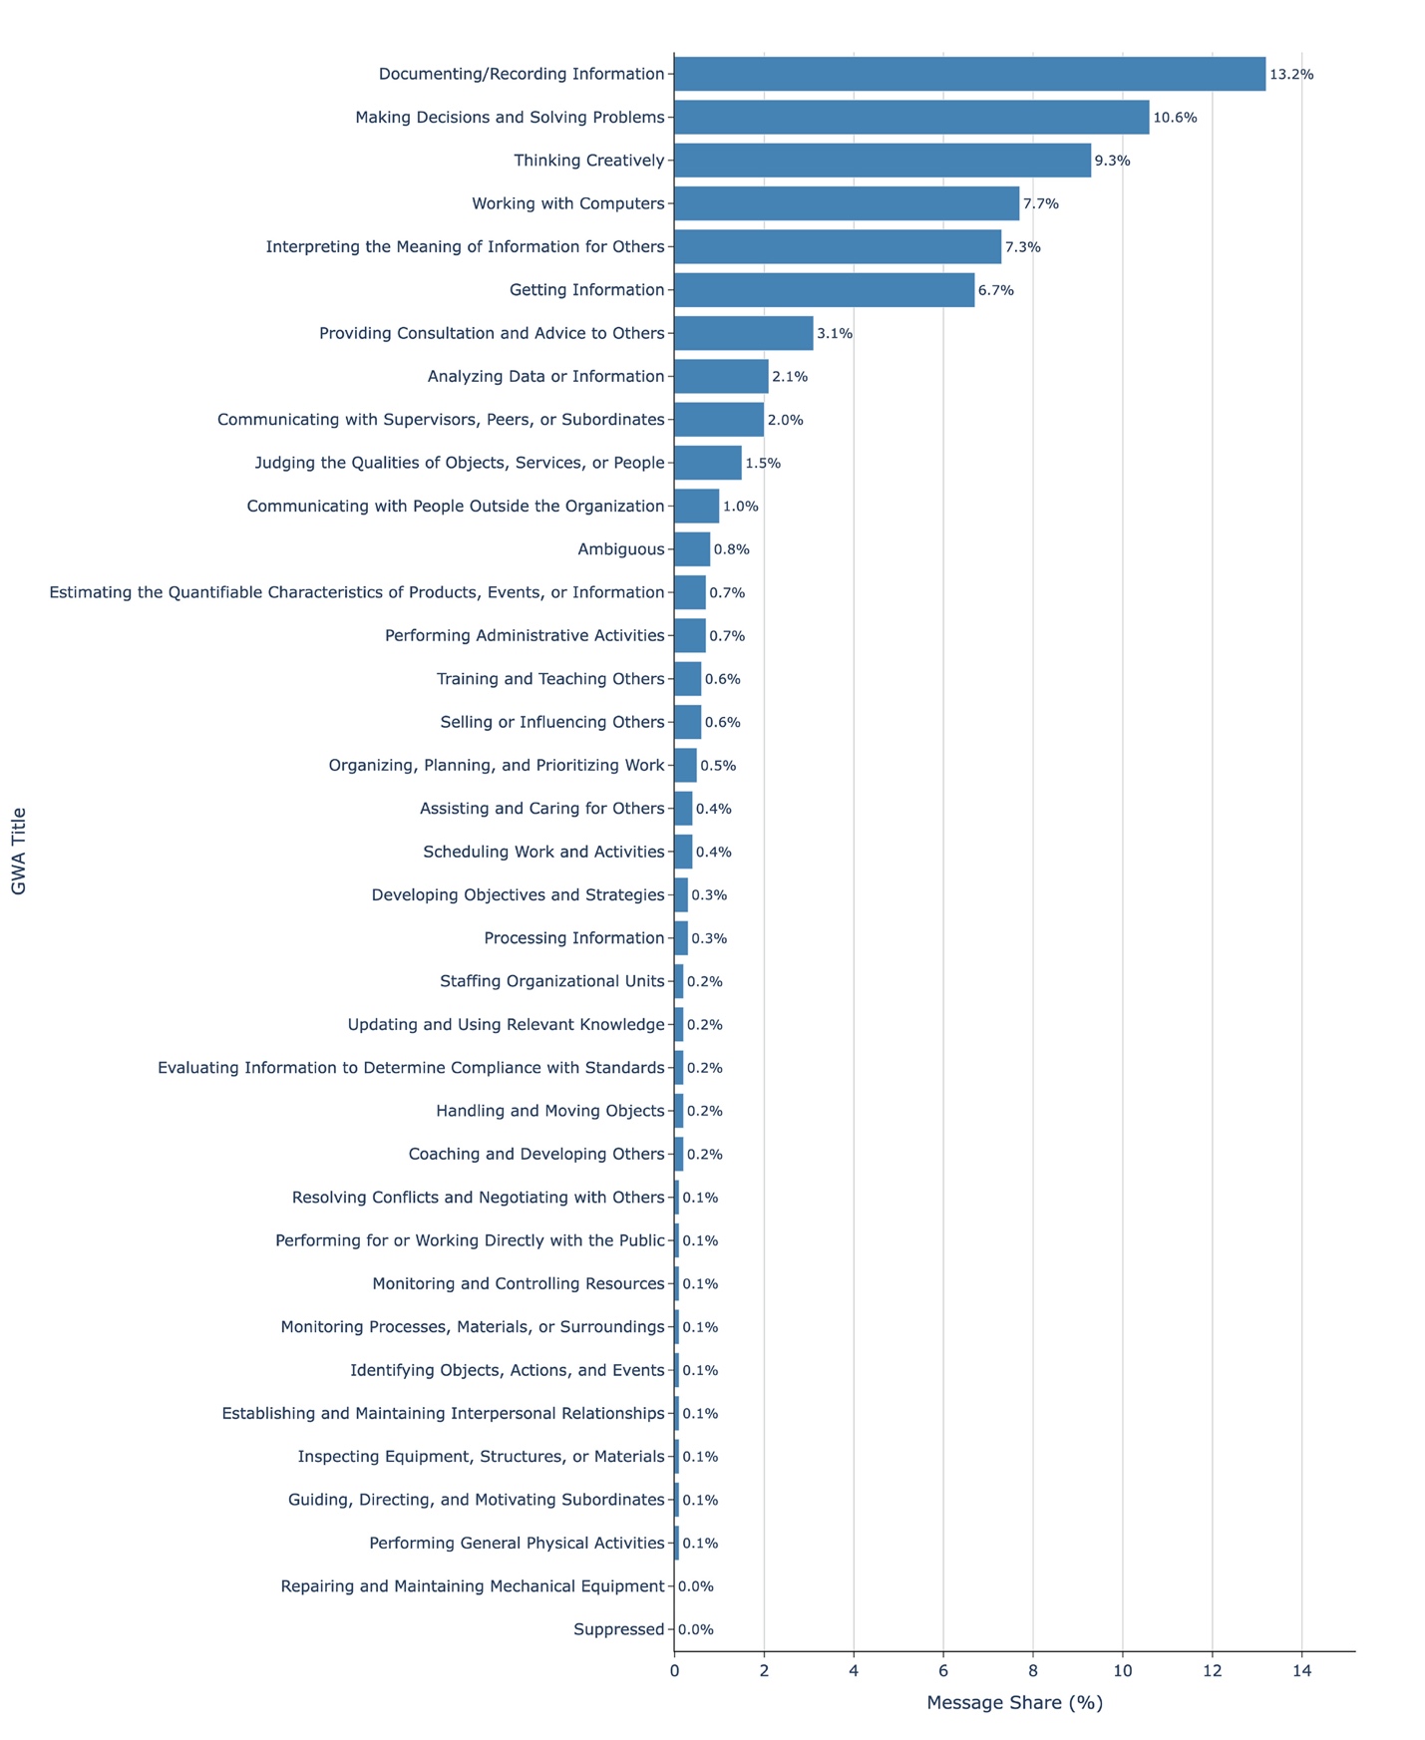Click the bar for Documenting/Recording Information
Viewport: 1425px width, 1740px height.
[969, 74]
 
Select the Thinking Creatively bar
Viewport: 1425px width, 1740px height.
[883, 161]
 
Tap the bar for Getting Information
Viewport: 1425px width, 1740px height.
[824, 290]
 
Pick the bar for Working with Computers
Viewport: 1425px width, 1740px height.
[847, 203]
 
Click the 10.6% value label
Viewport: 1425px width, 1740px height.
[1175, 118]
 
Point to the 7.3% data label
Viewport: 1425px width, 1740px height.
[1022, 247]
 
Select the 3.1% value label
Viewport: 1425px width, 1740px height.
[835, 333]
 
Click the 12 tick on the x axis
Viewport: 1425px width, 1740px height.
[1212, 1671]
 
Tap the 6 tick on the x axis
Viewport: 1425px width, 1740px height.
[943, 1671]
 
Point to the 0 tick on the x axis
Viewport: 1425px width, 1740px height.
[674, 1671]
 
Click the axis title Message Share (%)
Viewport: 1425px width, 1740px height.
[1014, 1703]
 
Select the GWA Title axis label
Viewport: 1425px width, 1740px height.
[19, 851]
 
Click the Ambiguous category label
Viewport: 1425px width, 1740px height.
[620, 549]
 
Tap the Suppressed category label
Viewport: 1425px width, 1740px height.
[618, 1629]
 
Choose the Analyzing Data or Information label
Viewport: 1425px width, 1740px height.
[545, 377]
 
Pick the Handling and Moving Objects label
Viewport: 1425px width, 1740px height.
[549, 1111]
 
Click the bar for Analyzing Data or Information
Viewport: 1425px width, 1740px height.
[721, 377]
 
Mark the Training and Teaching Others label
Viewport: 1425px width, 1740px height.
[550, 679]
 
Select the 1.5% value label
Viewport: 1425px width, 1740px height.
[763, 463]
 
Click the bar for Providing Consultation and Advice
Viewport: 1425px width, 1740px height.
[743, 333]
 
